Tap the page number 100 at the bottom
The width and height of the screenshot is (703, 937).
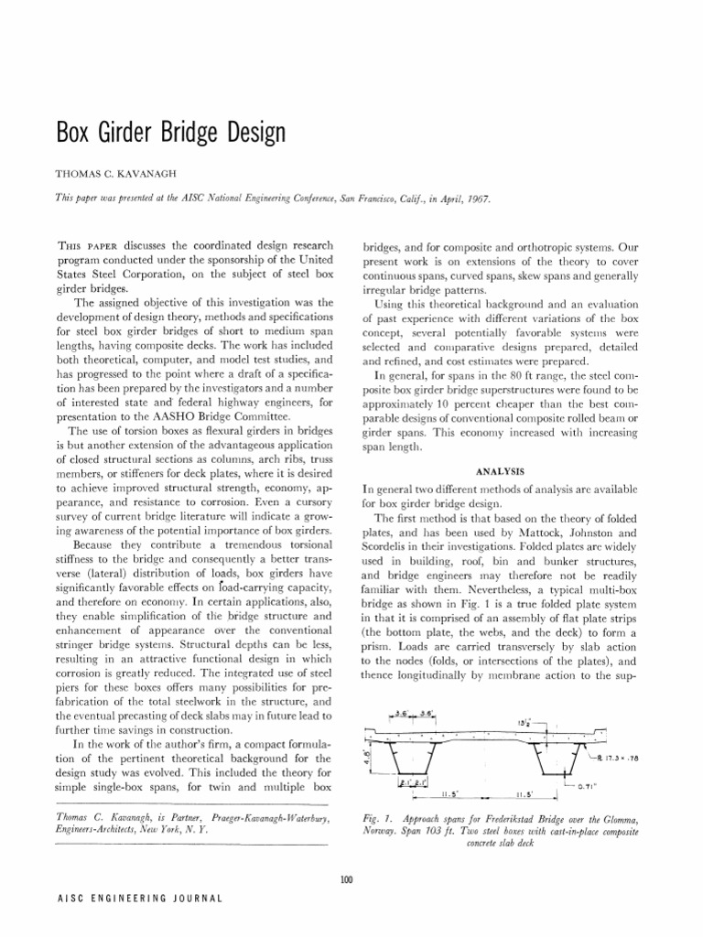[345, 879]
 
